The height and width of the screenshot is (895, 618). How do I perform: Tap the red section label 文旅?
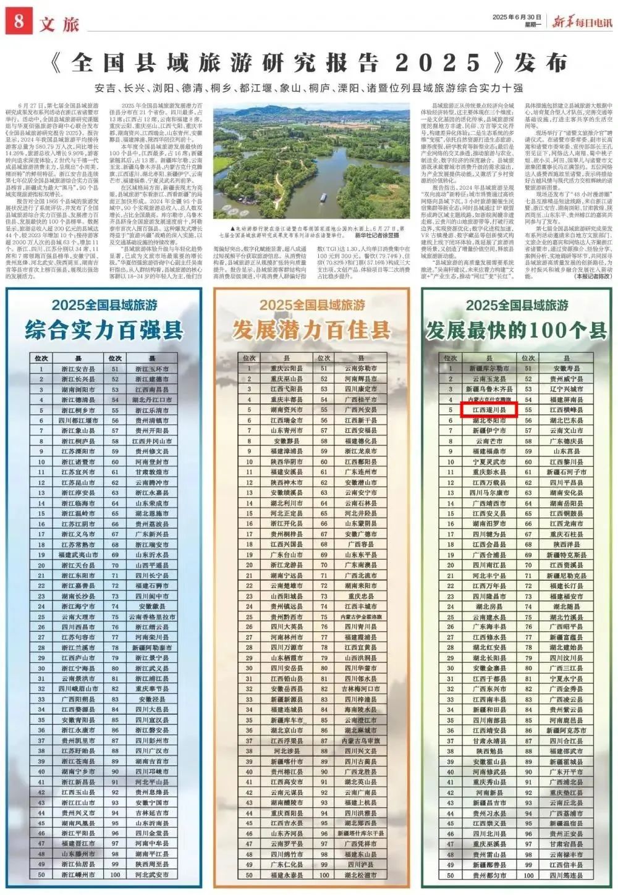coord(59,24)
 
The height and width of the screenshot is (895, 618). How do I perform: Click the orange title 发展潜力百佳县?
coord(311,330)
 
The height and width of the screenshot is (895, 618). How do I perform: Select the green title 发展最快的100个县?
coord(517,330)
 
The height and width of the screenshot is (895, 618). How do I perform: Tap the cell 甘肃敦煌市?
coord(152,472)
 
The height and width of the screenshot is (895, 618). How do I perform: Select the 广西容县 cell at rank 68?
coord(361,544)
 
